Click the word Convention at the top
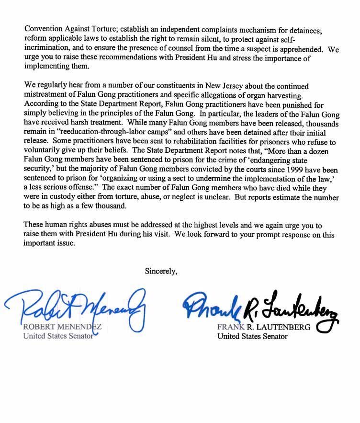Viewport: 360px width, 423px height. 45,29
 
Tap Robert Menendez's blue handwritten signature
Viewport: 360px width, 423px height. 77,307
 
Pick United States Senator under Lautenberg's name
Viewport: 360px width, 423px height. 252,336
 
